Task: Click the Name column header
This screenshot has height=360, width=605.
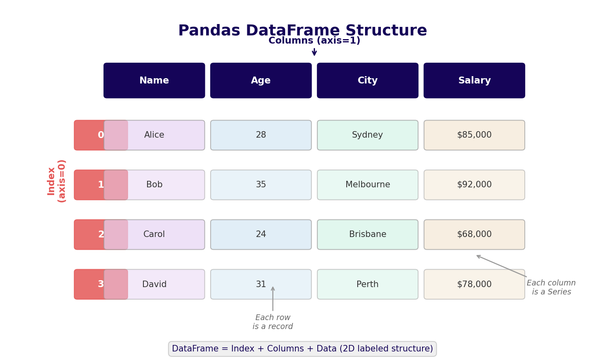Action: (x=154, y=81)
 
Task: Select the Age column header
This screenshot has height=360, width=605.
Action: (x=261, y=81)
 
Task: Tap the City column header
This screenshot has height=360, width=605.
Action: (x=367, y=81)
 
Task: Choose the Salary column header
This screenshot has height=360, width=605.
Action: (x=474, y=81)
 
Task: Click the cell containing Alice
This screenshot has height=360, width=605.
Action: (x=154, y=135)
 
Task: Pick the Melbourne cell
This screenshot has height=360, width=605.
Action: (x=367, y=185)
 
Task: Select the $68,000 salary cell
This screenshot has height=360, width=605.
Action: (x=474, y=235)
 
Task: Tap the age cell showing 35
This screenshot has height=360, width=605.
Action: (x=261, y=185)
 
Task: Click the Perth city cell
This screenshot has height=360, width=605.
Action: (x=367, y=284)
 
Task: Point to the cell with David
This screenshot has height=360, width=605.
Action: (x=154, y=284)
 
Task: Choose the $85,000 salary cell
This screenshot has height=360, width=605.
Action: (x=474, y=135)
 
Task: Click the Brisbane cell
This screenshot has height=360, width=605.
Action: (x=367, y=235)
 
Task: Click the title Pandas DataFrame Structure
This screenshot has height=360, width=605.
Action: (x=302, y=31)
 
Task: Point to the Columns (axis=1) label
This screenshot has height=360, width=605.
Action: (x=314, y=41)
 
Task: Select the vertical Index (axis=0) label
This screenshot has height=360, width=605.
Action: (x=56, y=181)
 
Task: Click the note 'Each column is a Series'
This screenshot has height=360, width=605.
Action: (x=551, y=288)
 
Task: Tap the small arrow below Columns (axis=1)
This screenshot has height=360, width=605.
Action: (x=314, y=52)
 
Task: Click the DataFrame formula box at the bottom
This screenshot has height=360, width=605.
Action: (x=302, y=349)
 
